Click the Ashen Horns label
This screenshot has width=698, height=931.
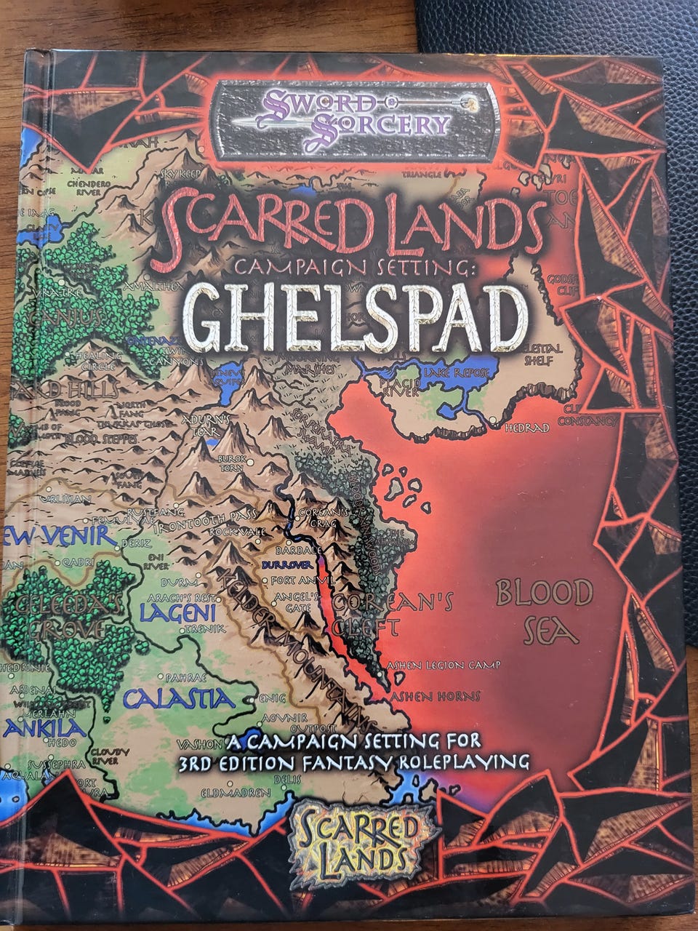(x=436, y=696)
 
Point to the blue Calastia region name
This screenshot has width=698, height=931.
(x=179, y=700)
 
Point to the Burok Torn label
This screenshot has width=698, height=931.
(x=233, y=465)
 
